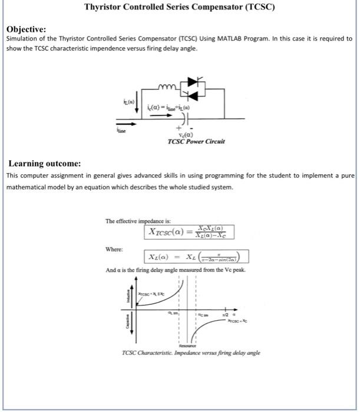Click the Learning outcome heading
[44, 163]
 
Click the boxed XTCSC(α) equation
[188, 232]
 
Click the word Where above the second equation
[114, 249]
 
